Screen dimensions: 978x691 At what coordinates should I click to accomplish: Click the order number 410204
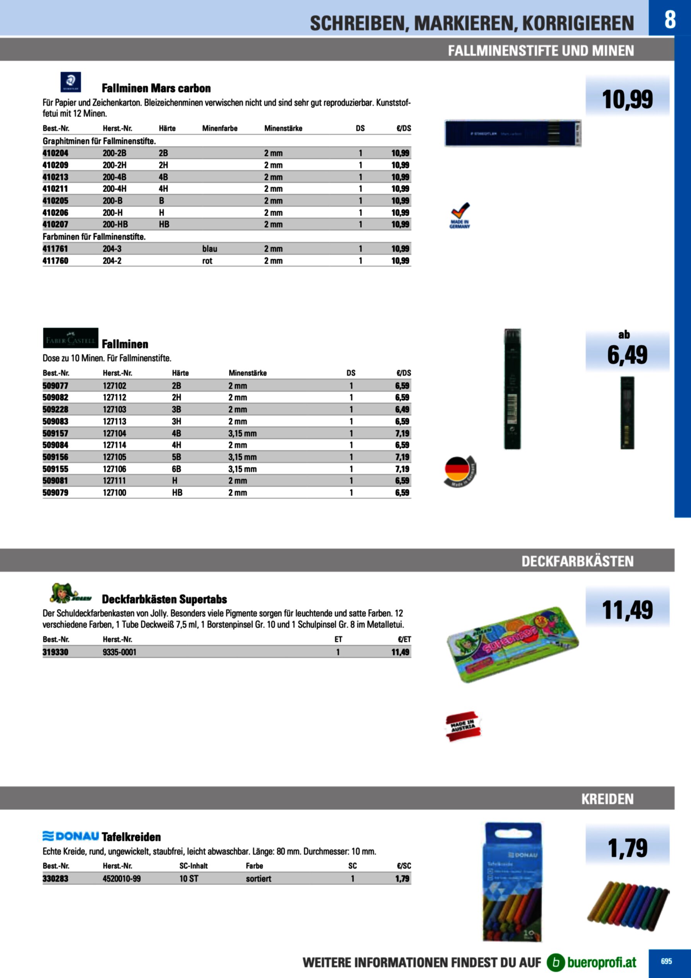click(55, 153)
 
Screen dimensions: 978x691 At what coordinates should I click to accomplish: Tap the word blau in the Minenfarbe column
click(209, 249)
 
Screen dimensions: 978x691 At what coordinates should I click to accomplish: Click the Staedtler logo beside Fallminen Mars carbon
click(71, 82)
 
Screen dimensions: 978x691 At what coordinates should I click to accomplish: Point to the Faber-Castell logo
click(71, 338)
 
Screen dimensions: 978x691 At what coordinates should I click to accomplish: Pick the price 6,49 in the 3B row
click(402, 409)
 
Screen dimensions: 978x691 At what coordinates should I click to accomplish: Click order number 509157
click(55, 433)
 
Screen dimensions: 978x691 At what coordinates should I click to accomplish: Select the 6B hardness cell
click(176, 469)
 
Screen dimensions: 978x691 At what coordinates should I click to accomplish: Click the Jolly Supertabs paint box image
click(512, 644)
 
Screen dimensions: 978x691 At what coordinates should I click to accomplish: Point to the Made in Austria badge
click(463, 726)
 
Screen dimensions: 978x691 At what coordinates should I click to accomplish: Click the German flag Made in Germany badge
click(460, 471)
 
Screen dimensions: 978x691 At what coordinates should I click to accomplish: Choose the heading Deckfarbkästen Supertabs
click(164, 599)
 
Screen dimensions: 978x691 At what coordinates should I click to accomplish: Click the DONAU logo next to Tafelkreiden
click(71, 836)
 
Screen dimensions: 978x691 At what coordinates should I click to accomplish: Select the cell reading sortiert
click(258, 878)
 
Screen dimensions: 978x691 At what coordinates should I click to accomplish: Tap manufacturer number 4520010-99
click(121, 878)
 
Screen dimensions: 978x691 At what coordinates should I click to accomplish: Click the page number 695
click(666, 961)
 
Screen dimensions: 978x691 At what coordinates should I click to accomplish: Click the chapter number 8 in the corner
click(670, 19)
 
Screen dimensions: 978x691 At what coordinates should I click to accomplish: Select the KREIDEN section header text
click(607, 799)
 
